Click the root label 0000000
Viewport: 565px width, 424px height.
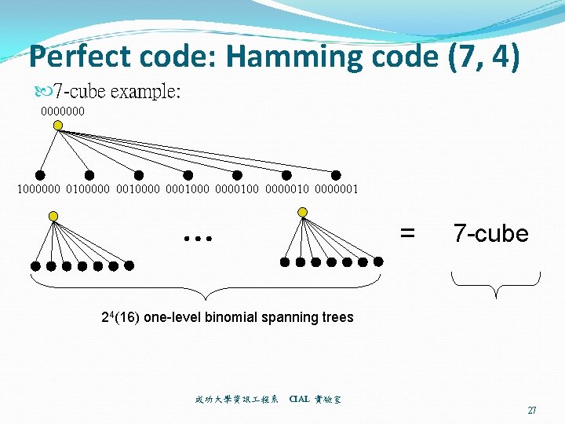coord(63,111)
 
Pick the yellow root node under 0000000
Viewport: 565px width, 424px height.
coord(58,125)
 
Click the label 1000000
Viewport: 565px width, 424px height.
coord(39,188)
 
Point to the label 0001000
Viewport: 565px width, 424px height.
coord(188,188)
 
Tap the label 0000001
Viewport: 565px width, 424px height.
coord(335,188)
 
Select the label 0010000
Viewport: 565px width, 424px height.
coord(138,188)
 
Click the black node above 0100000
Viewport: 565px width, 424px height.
coord(89,175)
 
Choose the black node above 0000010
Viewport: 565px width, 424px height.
coord(286,175)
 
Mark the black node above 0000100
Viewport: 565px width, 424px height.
coord(237,175)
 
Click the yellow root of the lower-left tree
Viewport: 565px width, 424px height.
coord(53,216)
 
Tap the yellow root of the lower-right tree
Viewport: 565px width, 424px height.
coord(303,212)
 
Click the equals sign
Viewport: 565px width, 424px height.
coord(407,232)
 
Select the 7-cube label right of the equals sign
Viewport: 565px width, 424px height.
coord(490,233)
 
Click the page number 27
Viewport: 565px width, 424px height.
coord(532,411)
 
